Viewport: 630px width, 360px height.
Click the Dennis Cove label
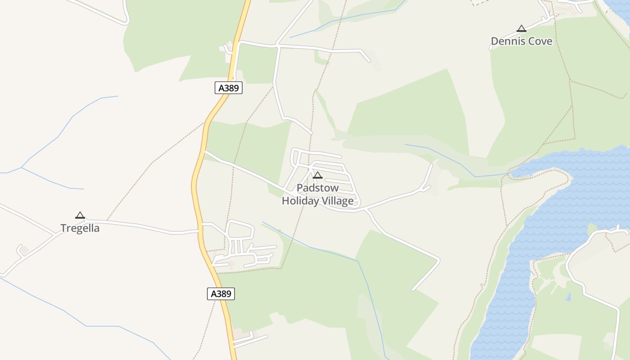[x=521, y=41]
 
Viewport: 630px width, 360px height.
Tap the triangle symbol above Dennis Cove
[x=521, y=29]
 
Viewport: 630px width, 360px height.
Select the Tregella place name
[x=80, y=228]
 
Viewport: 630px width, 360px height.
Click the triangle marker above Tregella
[x=80, y=216]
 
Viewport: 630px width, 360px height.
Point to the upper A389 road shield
[x=229, y=88]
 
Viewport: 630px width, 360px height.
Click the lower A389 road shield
[x=221, y=294]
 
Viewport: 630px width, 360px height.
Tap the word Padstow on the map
[x=318, y=188]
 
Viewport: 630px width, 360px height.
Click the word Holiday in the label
[x=300, y=201]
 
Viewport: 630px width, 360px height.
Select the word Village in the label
[x=337, y=201]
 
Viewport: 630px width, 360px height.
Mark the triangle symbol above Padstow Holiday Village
[x=318, y=175]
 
